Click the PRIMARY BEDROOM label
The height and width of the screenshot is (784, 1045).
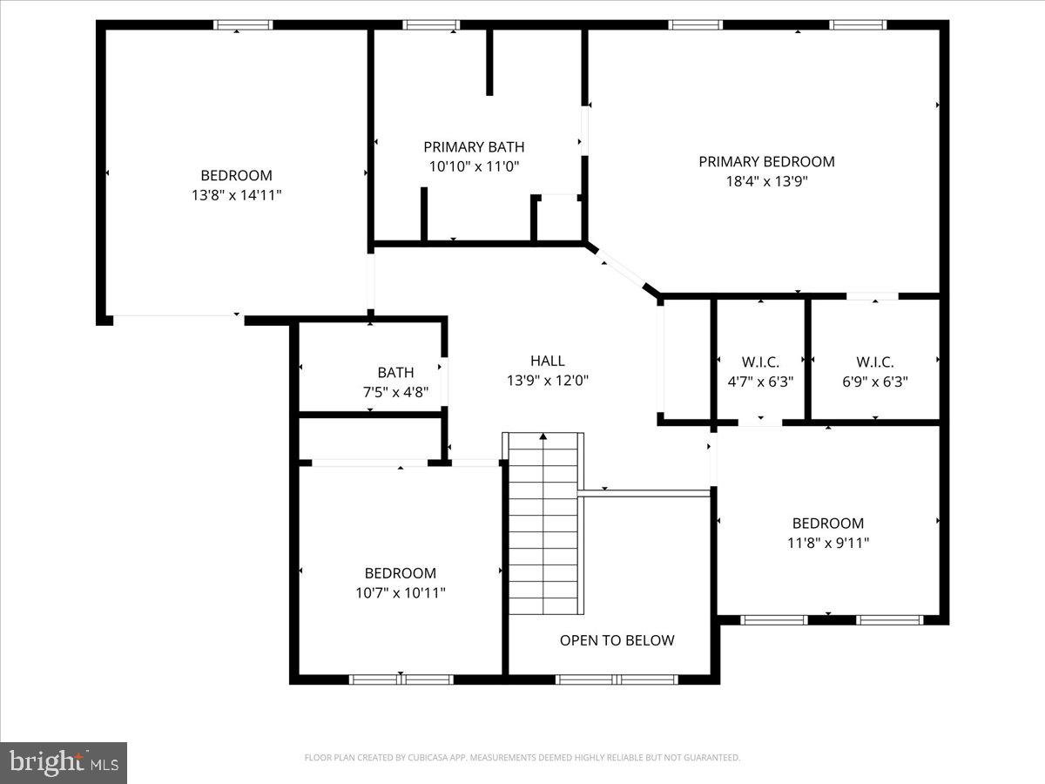pos(766,161)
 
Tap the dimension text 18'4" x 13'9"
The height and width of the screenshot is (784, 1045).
pos(766,181)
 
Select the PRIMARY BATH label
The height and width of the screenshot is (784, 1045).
pos(474,146)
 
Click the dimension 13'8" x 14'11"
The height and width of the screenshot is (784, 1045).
pos(236,195)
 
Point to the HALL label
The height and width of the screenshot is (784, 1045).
pos(547,360)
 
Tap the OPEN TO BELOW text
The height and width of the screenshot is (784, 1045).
pos(617,640)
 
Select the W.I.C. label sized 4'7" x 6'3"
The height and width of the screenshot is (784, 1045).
pos(760,362)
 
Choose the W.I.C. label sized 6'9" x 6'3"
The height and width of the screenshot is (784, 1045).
pos(874,362)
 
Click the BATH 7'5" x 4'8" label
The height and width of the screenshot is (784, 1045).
pos(395,372)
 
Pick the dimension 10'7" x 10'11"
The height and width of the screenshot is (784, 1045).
pos(401,592)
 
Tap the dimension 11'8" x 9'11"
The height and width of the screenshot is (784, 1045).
pos(827,543)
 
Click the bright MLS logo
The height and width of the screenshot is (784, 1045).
pos(64,762)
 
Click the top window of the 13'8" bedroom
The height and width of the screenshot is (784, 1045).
pos(243,24)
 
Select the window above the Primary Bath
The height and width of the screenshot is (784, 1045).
pos(431,24)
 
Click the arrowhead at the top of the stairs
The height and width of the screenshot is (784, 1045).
pos(543,436)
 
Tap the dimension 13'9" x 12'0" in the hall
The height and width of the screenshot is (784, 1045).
pos(547,380)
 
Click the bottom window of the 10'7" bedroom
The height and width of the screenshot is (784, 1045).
pos(401,679)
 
